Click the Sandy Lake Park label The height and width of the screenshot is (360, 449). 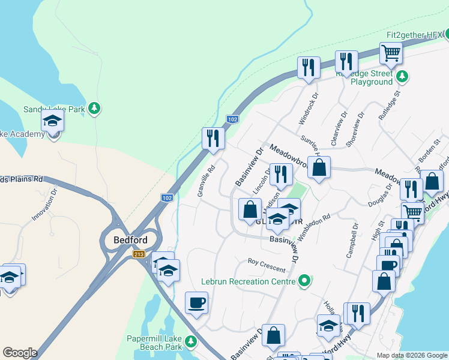(x=53, y=109)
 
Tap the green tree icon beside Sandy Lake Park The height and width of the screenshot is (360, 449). (x=94, y=109)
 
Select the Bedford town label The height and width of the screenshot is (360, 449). (x=130, y=240)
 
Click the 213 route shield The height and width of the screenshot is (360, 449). (x=139, y=254)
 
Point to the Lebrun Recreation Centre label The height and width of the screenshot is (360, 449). (x=249, y=281)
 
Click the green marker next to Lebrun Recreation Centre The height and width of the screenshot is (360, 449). (x=305, y=280)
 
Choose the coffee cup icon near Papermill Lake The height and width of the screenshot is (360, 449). (x=196, y=302)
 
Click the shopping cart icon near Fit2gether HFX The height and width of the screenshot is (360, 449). (x=391, y=53)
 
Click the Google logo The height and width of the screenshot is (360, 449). (x=20, y=353)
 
